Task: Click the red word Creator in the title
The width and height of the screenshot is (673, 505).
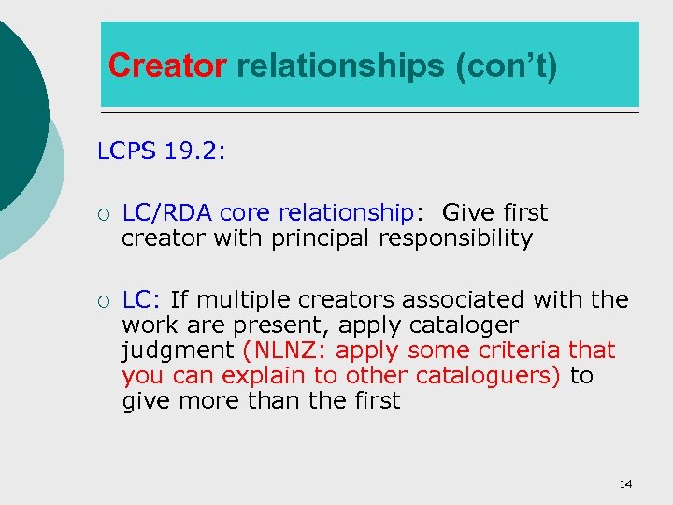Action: point(167,66)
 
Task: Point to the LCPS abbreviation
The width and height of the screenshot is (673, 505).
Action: point(129,151)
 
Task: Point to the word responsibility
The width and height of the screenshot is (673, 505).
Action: point(455,238)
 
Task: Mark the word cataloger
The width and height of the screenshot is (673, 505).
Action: point(465,325)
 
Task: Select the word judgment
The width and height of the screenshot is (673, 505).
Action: point(179,351)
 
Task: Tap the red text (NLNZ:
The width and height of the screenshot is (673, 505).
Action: point(285,351)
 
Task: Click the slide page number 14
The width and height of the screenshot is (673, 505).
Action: point(625,483)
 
